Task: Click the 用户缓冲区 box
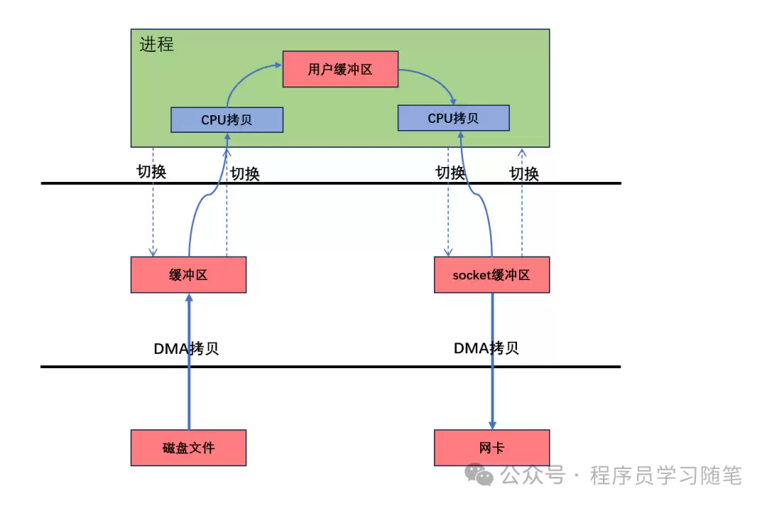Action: pyautogui.click(x=340, y=69)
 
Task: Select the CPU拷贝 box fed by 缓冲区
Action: pyautogui.click(x=227, y=119)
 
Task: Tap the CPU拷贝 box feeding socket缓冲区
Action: pyautogui.click(x=453, y=118)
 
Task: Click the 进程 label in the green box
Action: pyautogui.click(x=156, y=44)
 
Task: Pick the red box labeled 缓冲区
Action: pyautogui.click(x=188, y=275)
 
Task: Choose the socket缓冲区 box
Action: pyautogui.click(x=491, y=275)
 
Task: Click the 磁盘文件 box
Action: pyautogui.click(x=188, y=448)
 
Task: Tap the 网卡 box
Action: pyautogui.click(x=491, y=448)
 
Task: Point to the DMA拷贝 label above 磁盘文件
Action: pyautogui.click(x=186, y=348)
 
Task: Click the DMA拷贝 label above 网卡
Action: pyautogui.click(x=486, y=348)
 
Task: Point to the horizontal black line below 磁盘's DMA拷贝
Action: pyautogui.click(x=330, y=367)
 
